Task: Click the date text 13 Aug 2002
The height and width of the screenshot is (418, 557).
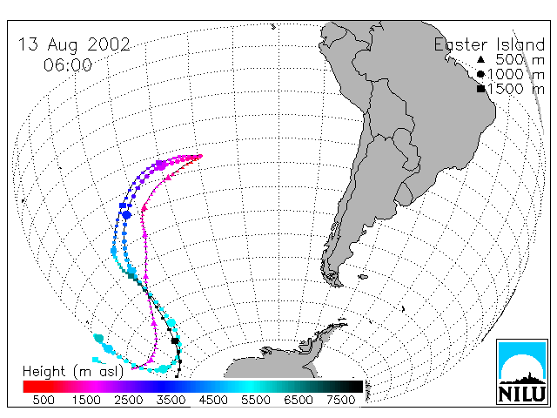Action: [x=74, y=44]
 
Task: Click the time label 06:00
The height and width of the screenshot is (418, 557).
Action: [x=68, y=65]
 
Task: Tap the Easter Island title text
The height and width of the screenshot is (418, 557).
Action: [x=489, y=44]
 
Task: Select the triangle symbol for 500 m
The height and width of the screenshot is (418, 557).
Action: [x=480, y=59]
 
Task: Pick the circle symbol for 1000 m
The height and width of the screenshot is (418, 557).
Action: [x=480, y=74]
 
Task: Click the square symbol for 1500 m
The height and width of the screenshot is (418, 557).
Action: [x=481, y=89]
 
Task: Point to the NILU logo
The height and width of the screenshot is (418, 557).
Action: [x=522, y=372]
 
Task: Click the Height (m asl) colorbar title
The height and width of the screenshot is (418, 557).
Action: [x=73, y=372]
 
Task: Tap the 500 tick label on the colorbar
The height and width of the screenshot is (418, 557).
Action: [x=44, y=400]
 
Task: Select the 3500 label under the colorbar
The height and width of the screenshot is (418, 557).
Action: [x=171, y=400]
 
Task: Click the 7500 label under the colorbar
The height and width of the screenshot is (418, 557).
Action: [x=340, y=400]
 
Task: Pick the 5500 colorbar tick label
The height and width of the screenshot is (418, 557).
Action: [x=256, y=400]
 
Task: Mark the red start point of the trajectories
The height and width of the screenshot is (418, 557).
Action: [x=201, y=156]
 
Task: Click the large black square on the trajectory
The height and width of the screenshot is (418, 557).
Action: [x=175, y=340]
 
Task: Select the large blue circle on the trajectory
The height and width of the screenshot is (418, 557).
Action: [x=127, y=214]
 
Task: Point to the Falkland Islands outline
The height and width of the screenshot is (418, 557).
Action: [x=363, y=277]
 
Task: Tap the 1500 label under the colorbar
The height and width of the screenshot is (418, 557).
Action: [x=86, y=400]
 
